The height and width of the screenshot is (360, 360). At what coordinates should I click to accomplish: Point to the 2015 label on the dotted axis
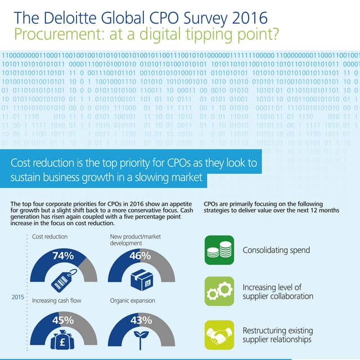[x=17, y=298]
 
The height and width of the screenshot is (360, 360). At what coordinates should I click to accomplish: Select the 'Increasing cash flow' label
[x=57, y=301]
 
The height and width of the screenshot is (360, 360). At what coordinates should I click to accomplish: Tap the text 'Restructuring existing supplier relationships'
[x=277, y=335]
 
